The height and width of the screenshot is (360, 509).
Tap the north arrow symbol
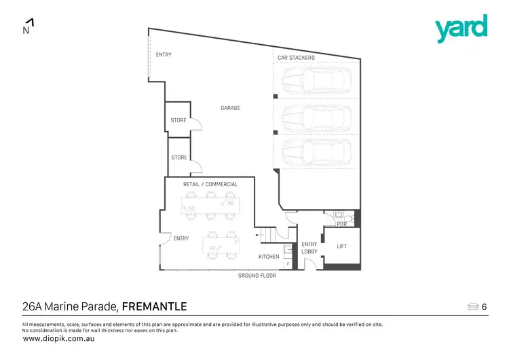tap(28, 26)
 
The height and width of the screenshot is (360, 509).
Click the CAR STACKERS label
tap(296, 58)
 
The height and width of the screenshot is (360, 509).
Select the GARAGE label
tap(230, 108)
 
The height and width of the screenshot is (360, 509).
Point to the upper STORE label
tap(178, 121)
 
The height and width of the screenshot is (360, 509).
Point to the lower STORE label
tap(178, 158)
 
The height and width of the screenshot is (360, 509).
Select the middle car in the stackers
tap(317, 118)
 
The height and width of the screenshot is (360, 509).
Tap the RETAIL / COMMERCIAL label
tap(210, 184)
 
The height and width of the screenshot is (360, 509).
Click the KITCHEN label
tap(269, 257)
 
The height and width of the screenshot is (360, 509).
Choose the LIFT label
tap(341, 247)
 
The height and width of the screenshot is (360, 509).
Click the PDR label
tap(341, 223)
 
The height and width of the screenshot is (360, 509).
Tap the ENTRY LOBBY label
tap(309, 248)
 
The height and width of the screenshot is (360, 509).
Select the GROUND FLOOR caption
tap(257, 276)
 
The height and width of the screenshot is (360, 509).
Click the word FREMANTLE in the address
tap(154, 306)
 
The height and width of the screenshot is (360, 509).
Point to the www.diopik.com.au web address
tap(59, 338)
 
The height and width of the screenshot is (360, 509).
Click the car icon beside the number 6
tap(473, 307)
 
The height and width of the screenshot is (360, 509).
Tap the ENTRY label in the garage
tap(164, 55)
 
